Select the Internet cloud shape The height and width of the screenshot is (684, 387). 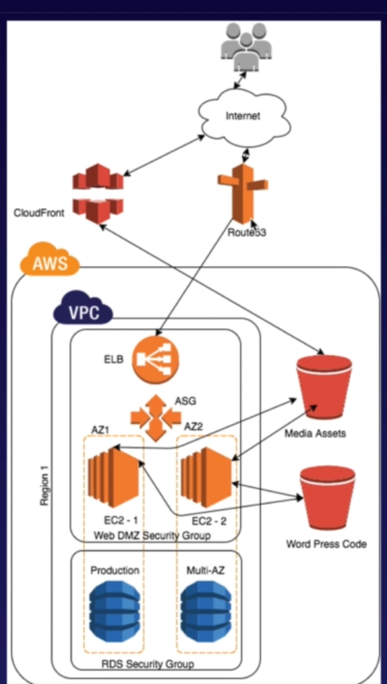243,116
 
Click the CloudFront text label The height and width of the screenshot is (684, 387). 39,213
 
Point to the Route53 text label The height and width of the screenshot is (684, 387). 247,233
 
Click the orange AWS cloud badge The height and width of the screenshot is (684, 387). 46,263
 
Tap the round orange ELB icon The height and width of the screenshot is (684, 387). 155,359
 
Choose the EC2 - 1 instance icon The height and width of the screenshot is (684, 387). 114,477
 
